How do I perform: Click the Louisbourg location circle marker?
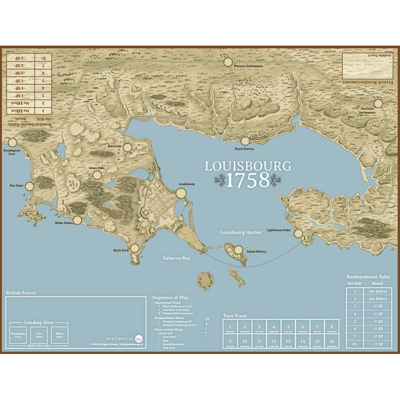tap(181, 193)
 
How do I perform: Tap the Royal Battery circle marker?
tap(245, 141)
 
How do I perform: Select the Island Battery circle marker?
tap(238, 250)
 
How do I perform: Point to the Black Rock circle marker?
tap(135, 248)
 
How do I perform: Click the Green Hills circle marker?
tap(97, 175)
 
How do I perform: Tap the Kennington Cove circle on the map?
tap(12, 142)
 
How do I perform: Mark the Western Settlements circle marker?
tap(228, 62)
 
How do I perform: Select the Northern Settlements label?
tap(367, 110)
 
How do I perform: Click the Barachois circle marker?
tap(127, 148)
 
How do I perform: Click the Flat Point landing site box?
tap(39, 335)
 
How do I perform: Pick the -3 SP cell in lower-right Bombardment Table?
tap(378, 344)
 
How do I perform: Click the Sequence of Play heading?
tap(170, 297)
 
